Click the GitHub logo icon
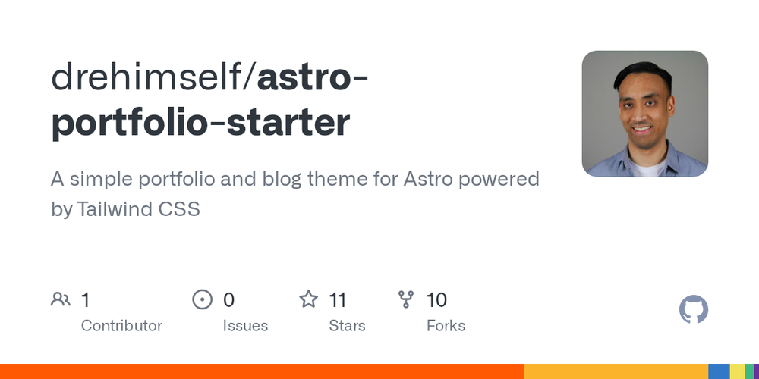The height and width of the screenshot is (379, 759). (x=693, y=310)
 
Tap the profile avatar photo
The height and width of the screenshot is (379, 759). (x=644, y=114)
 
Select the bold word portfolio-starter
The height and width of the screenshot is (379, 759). (x=200, y=123)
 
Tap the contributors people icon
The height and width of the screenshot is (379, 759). (x=61, y=299)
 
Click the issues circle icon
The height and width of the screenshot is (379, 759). (x=202, y=299)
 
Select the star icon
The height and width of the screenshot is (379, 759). (x=308, y=299)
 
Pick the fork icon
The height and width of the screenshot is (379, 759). (x=406, y=299)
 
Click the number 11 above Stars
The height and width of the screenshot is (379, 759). (x=338, y=300)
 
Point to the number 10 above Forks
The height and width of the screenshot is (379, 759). (x=436, y=300)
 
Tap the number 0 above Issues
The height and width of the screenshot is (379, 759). (x=228, y=300)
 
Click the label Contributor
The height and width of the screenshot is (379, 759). (x=121, y=326)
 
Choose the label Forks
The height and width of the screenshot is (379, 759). (x=446, y=326)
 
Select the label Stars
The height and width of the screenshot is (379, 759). (x=347, y=326)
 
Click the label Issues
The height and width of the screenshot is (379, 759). (x=245, y=326)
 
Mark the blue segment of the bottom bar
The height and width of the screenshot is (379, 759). (x=719, y=371)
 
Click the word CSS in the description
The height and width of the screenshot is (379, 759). (x=179, y=209)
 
